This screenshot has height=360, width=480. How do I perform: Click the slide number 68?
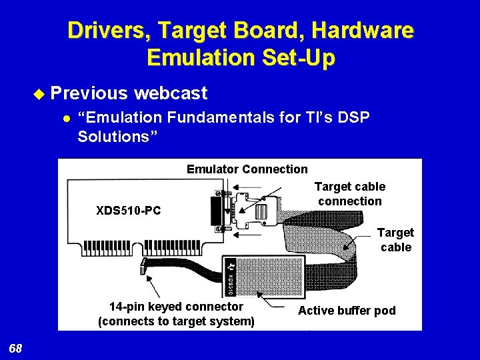[x=16, y=349]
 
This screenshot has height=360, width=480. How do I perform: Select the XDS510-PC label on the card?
[x=129, y=211]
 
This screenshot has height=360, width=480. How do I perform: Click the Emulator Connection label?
[x=247, y=169]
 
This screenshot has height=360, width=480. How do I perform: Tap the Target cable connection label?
[x=349, y=194]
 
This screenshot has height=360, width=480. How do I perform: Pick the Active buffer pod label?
[x=347, y=311]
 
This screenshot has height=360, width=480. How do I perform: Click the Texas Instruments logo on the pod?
[x=231, y=264]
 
